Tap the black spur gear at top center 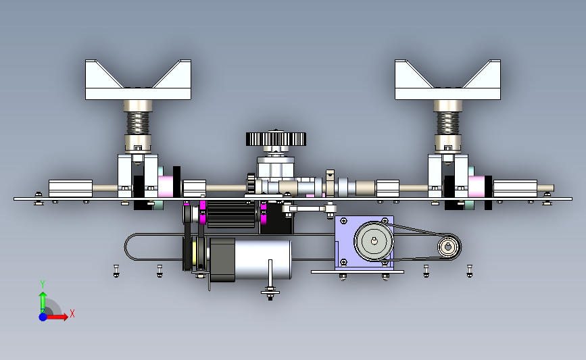tap(276, 139)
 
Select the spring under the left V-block tap(138, 123)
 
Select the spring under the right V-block tap(447, 123)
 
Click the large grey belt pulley tap(374, 241)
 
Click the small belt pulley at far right tap(448, 247)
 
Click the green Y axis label tap(42, 284)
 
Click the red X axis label tap(72, 313)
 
